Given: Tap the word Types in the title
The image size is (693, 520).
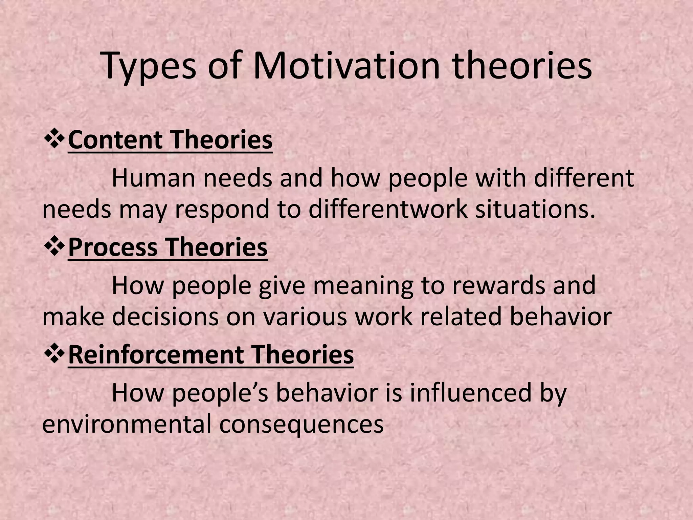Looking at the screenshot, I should click(x=149, y=68).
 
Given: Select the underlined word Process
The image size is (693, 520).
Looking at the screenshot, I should click(x=113, y=247).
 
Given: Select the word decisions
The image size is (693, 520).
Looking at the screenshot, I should click(x=165, y=317).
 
